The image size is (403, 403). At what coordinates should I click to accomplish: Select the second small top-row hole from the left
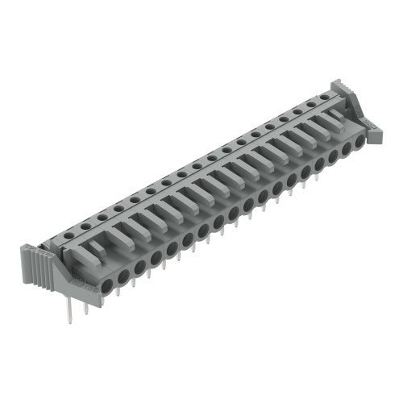(x=87, y=224)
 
